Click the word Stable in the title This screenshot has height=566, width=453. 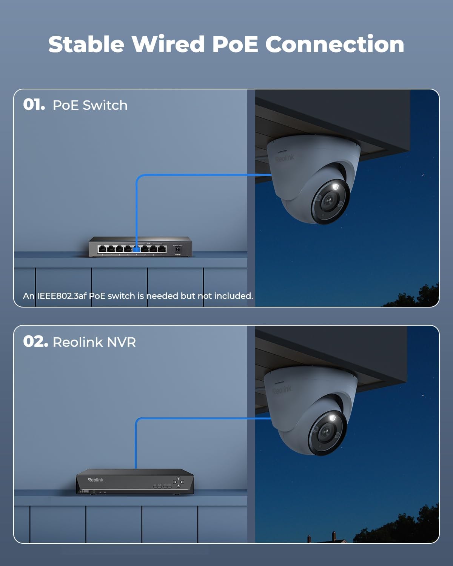86,44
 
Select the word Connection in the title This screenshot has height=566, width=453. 334,44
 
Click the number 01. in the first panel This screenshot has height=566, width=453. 34,105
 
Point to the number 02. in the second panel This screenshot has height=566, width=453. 35,341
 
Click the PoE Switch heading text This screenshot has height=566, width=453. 90,105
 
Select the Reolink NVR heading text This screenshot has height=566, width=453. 94,342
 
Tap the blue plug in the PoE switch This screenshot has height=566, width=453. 136,249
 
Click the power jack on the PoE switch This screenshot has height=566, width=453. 177,249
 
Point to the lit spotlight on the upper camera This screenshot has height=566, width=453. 335,187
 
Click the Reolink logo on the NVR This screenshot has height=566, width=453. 96,480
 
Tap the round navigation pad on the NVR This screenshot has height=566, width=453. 179,481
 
